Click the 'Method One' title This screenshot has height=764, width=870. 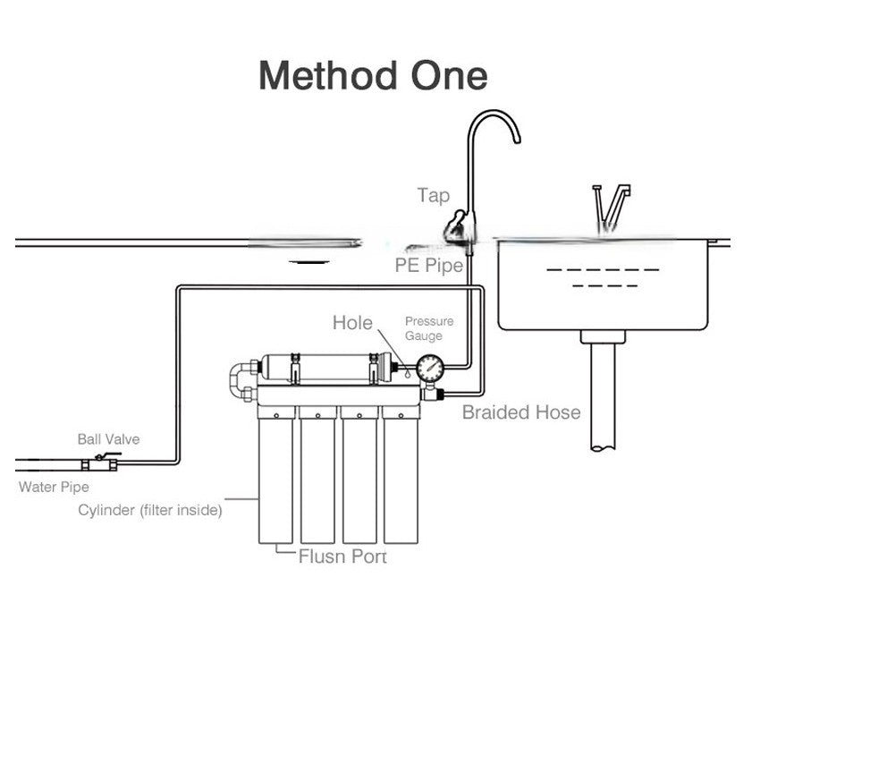click(x=373, y=75)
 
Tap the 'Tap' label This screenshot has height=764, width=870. click(x=434, y=196)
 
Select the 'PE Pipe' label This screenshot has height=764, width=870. click(x=429, y=266)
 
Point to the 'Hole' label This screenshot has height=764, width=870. click(x=352, y=323)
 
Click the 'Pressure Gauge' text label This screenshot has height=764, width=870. click(x=429, y=328)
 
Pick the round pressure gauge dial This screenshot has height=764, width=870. click(x=430, y=368)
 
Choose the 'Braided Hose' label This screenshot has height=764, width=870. click(x=521, y=412)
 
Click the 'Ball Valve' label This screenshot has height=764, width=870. click(x=108, y=439)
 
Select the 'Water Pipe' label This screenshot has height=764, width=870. click(x=54, y=487)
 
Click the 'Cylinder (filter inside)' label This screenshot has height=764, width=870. click(x=150, y=510)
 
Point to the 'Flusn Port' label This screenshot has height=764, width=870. click(x=342, y=556)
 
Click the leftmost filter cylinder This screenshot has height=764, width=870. click(x=275, y=475)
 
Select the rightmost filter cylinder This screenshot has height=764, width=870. click(x=401, y=475)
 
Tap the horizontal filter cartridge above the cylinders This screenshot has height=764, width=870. click(x=326, y=368)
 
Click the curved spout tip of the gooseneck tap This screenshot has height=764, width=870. click(x=517, y=140)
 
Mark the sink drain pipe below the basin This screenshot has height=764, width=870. click(x=604, y=391)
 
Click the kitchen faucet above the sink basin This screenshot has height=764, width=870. click(x=611, y=208)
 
